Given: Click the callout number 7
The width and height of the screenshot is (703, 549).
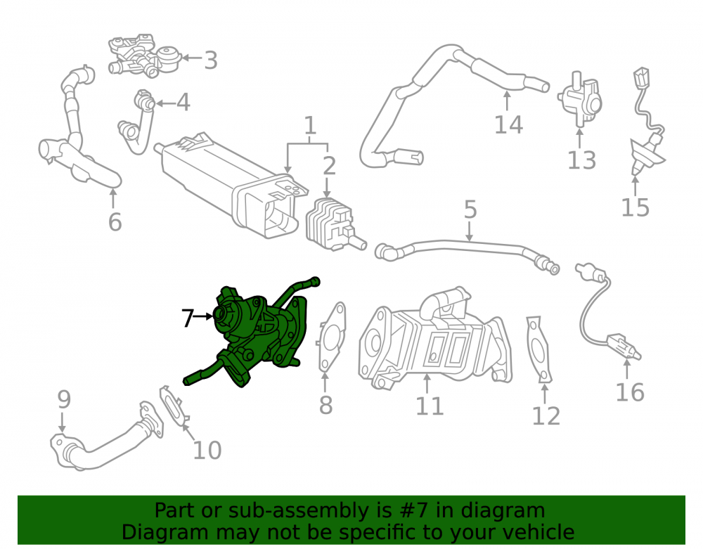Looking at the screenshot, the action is pyautogui.click(x=188, y=318).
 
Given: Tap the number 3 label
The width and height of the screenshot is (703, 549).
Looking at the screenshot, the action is pyautogui.click(x=211, y=60).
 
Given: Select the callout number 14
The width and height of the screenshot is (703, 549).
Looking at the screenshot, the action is pyautogui.click(x=508, y=124).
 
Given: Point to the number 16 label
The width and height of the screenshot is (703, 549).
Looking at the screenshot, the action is pyautogui.click(x=630, y=392).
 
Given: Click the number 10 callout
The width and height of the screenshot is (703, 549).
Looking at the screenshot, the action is pyautogui.click(x=207, y=450).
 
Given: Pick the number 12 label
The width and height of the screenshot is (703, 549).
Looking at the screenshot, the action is pyautogui.click(x=546, y=416).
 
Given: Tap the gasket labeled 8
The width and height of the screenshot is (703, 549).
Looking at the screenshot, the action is pyautogui.click(x=332, y=336).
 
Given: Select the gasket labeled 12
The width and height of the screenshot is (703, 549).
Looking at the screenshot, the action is pyautogui.click(x=538, y=349).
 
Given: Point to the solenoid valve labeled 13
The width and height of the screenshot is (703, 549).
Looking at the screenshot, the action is pyautogui.click(x=579, y=98).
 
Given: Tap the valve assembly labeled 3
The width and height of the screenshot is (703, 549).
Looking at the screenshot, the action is pyautogui.click(x=143, y=57).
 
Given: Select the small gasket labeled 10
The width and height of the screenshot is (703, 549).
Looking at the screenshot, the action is pyautogui.click(x=174, y=406).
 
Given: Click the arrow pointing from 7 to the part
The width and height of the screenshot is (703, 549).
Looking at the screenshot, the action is pyautogui.click(x=203, y=316).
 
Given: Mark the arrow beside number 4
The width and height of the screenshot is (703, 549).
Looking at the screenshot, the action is pyautogui.click(x=165, y=103).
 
